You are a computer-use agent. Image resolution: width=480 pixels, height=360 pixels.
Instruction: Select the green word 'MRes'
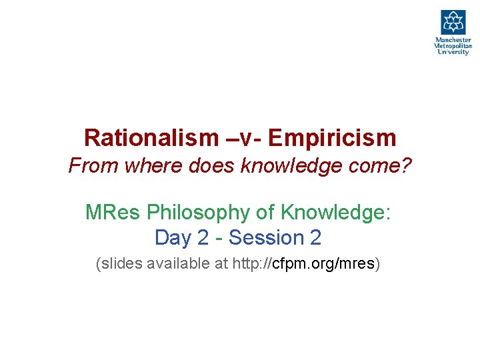click(113, 213)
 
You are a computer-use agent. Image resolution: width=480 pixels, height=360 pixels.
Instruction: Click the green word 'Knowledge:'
click(337, 213)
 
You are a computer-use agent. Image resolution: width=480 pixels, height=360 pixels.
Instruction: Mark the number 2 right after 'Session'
click(315, 237)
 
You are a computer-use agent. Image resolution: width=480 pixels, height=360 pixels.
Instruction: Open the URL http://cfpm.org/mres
click(305, 264)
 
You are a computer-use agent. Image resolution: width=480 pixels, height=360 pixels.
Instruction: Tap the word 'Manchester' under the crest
click(453, 40)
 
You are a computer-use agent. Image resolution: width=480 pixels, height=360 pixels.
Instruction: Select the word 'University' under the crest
click(453, 52)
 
